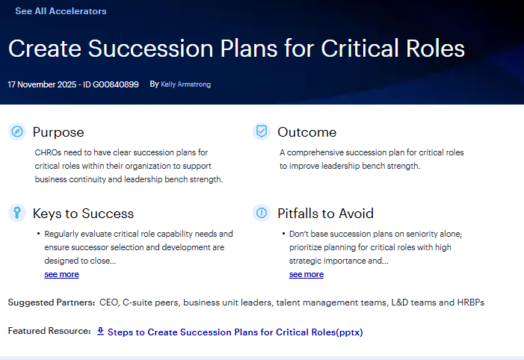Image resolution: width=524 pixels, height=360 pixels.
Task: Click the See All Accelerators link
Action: pyautogui.click(x=61, y=11)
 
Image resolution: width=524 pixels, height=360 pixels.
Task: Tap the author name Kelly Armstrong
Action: pyautogui.click(x=185, y=84)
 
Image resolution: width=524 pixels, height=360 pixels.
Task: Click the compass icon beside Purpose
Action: pyautogui.click(x=16, y=132)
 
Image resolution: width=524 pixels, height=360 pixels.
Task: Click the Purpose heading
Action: pyautogui.click(x=58, y=132)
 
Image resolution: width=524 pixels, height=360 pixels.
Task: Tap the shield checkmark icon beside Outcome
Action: pyautogui.click(x=261, y=132)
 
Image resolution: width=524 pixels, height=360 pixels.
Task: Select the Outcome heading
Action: pyautogui.click(x=306, y=132)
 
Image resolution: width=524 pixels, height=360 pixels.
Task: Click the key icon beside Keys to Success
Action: pyautogui.click(x=16, y=214)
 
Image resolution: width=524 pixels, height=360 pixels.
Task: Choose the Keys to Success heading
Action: pyautogui.click(x=83, y=214)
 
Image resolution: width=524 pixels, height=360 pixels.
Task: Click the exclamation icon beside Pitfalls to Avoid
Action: pyautogui.click(x=261, y=214)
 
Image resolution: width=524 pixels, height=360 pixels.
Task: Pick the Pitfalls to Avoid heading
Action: pyautogui.click(x=325, y=214)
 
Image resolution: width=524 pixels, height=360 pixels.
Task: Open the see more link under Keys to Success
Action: pyautogui.click(x=61, y=274)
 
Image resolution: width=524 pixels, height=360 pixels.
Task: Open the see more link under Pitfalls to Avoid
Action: pyautogui.click(x=306, y=274)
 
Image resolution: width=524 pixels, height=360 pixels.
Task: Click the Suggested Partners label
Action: pyautogui.click(x=51, y=302)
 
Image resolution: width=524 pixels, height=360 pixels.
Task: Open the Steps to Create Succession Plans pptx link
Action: pyautogui.click(x=235, y=332)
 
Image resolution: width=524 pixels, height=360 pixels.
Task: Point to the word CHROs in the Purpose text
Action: pyautogui.click(x=49, y=152)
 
